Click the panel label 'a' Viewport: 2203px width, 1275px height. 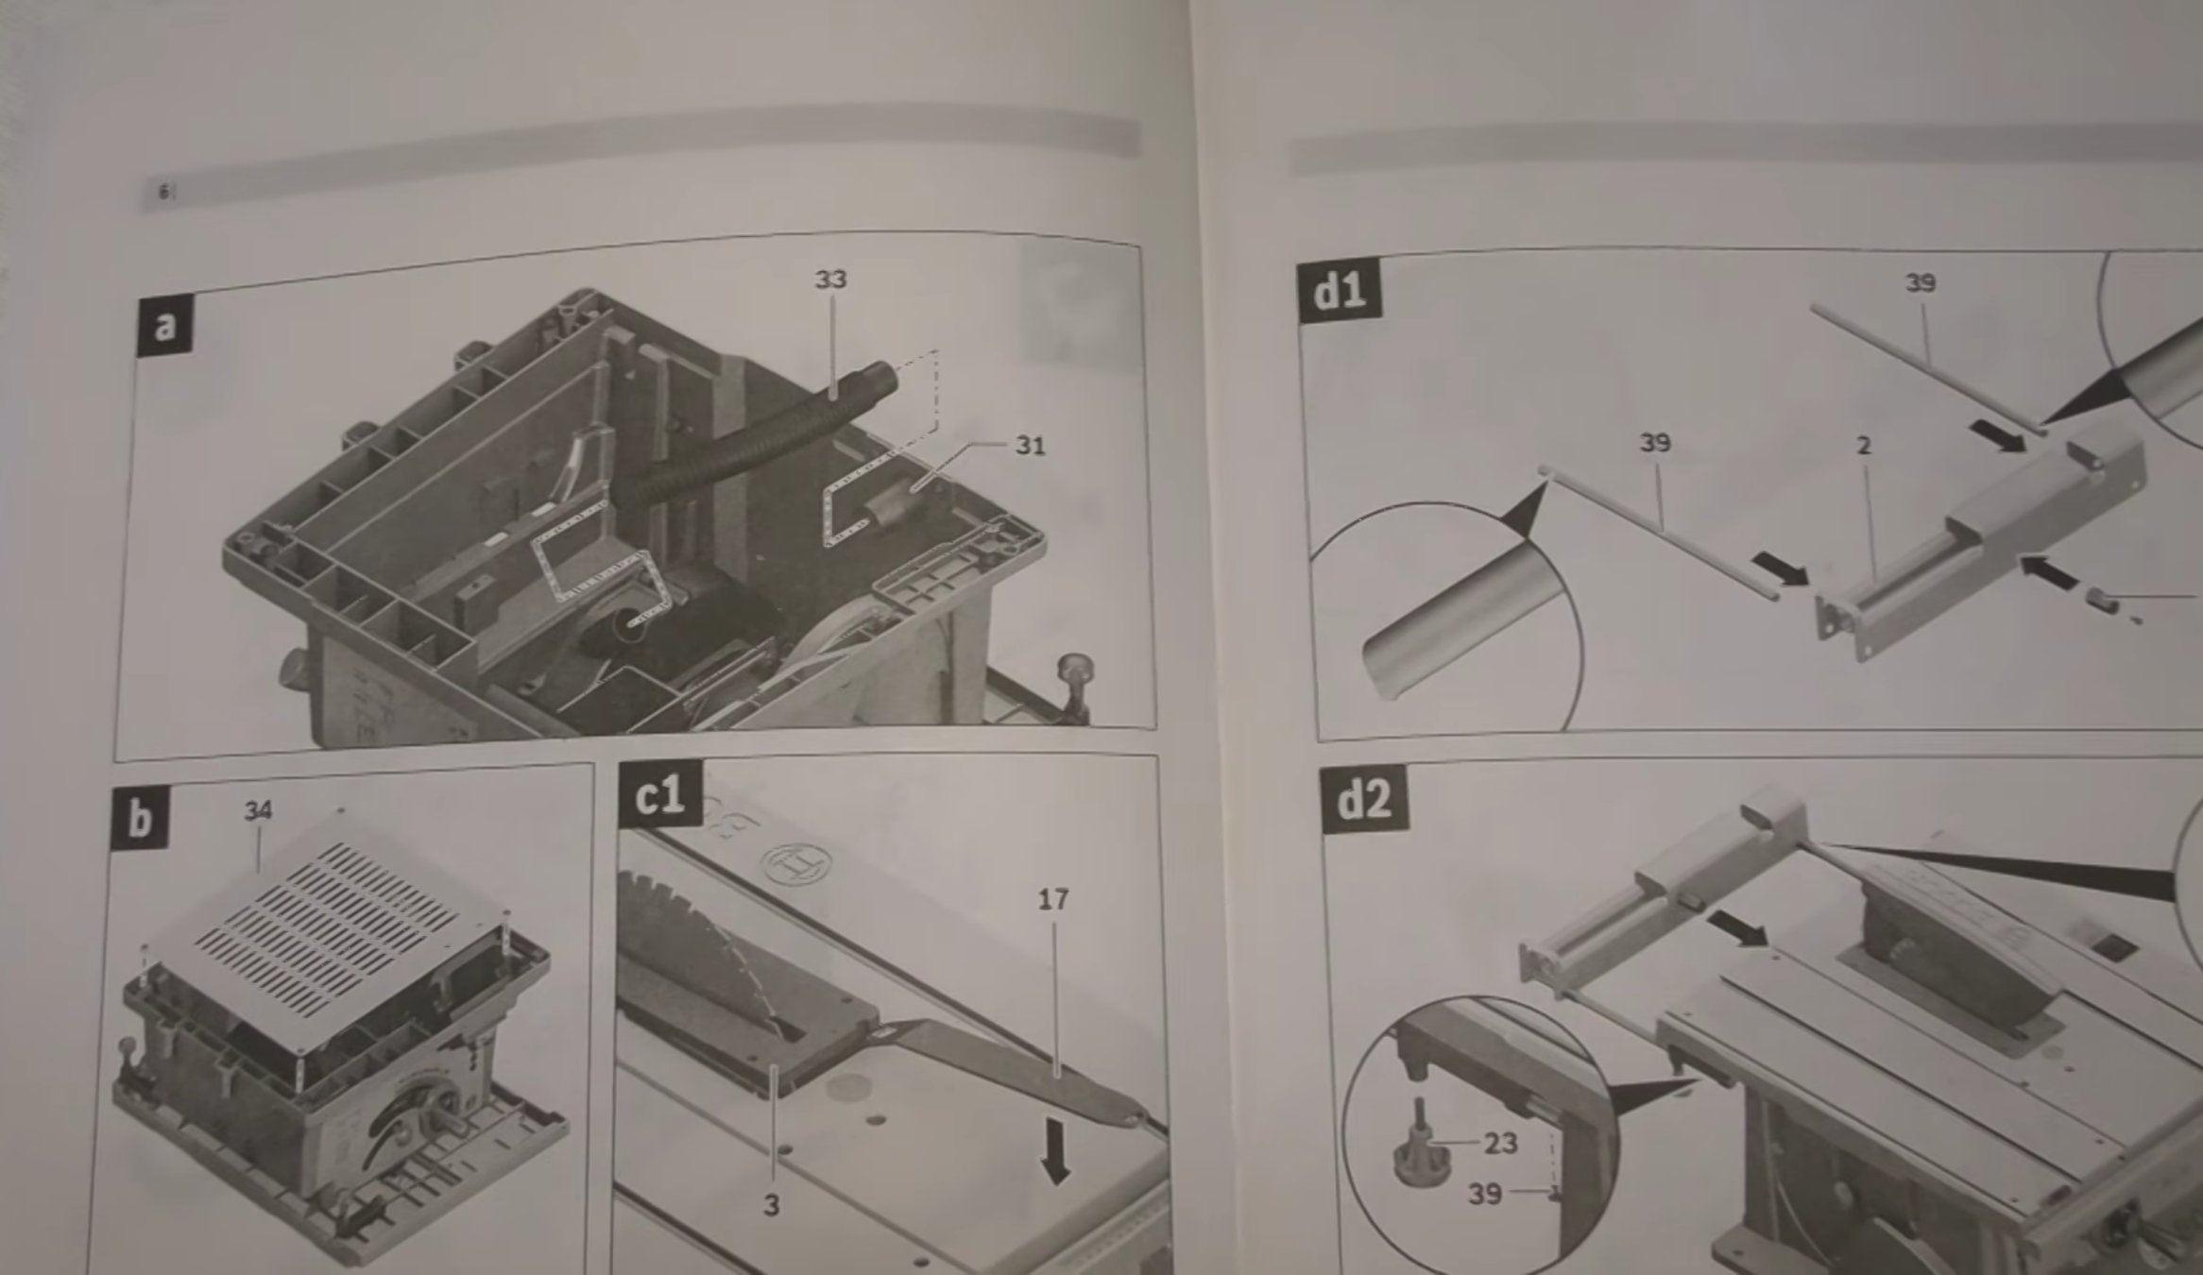tap(165, 326)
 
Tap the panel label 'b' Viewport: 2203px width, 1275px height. tap(140, 818)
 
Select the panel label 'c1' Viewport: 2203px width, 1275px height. tap(660, 794)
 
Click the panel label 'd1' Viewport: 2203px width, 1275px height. tap(1340, 291)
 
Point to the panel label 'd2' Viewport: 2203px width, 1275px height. tap(1364, 799)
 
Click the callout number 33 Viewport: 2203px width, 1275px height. tap(831, 280)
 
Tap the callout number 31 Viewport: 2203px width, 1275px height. tap(1030, 446)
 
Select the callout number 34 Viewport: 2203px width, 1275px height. tap(258, 810)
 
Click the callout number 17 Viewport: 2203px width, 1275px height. tap(1053, 900)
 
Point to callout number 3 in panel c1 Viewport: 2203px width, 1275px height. tap(772, 1206)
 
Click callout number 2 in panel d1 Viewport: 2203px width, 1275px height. tap(1864, 446)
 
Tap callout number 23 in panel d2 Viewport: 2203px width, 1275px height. tap(1501, 1144)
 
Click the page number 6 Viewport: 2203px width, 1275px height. tap(163, 193)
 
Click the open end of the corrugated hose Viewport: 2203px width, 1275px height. tap(883, 377)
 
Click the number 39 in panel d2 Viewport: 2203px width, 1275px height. tap(1485, 1195)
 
